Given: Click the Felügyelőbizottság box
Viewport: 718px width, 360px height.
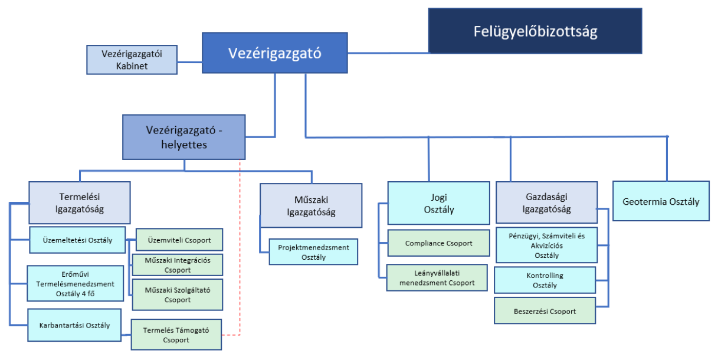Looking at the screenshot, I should [x=535, y=31].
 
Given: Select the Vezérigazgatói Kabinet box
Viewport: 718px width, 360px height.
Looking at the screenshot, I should [x=132, y=60].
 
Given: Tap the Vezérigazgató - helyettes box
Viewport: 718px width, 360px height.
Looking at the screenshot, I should [x=183, y=137].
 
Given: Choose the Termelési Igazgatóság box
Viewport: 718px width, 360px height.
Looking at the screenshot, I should [x=79, y=202].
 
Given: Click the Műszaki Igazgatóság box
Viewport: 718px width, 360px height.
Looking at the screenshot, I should [x=311, y=205].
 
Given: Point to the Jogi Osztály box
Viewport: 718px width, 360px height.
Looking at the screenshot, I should [x=438, y=203].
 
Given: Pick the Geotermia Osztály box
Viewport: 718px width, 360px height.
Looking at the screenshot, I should [x=661, y=201].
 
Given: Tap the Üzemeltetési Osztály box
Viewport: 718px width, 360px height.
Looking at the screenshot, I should [x=77, y=240].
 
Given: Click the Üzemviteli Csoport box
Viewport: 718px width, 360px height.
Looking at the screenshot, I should [x=179, y=240].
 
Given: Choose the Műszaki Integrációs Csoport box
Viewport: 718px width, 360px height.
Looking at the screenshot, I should [x=178, y=264].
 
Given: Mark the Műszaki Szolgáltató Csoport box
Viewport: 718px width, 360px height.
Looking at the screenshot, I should [x=178, y=294].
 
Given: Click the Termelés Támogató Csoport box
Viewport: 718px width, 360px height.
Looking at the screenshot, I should [x=176, y=335].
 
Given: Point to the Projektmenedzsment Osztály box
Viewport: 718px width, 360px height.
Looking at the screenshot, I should [x=313, y=251].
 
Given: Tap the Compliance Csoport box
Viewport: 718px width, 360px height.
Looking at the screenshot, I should [x=438, y=243].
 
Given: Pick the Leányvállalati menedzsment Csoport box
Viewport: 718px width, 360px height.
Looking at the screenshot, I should [x=437, y=277].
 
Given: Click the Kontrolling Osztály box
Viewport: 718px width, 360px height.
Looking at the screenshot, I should [x=545, y=280].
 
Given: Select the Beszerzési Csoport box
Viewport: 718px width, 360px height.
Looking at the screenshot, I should [x=545, y=311].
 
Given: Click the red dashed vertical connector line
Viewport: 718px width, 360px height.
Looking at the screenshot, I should [x=240, y=248].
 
